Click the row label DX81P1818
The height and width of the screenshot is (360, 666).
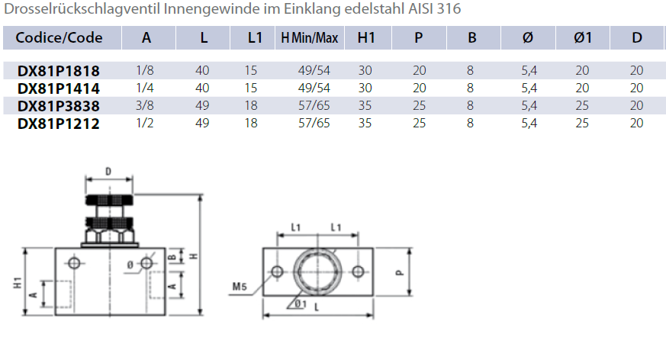pyautogui.click(x=59, y=70)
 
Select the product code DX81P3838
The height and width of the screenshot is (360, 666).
pyautogui.click(x=59, y=106)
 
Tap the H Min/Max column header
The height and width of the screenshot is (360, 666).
pyautogui.click(x=309, y=38)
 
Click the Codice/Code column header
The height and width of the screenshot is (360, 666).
pyautogui.click(x=59, y=38)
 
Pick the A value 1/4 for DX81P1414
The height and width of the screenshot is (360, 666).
pyautogui.click(x=145, y=88)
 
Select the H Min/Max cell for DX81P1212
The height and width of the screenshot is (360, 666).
pyautogui.click(x=314, y=123)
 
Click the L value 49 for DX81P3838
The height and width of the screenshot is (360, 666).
pyautogui.click(x=202, y=106)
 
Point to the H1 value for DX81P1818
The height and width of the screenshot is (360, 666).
pyautogui.click(x=365, y=70)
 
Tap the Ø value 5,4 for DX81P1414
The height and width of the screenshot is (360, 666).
pyautogui.click(x=529, y=88)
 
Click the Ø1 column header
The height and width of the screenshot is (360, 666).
pyautogui.click(x=583, y=38)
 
